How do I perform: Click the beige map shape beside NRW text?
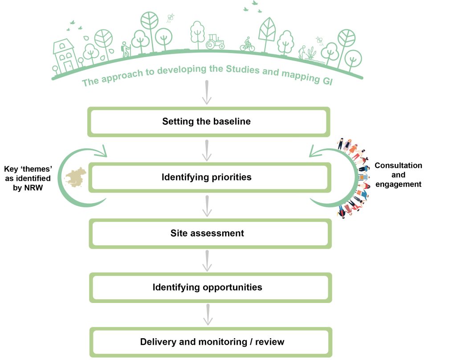click(x=77, y=177)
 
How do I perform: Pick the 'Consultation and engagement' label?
click(x=398, y=175)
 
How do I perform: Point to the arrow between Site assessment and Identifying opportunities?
click(x=207, y=261)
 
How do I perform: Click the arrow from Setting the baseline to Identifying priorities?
click(x=207, y=150)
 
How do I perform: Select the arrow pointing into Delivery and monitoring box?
click(x=207, y=315)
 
